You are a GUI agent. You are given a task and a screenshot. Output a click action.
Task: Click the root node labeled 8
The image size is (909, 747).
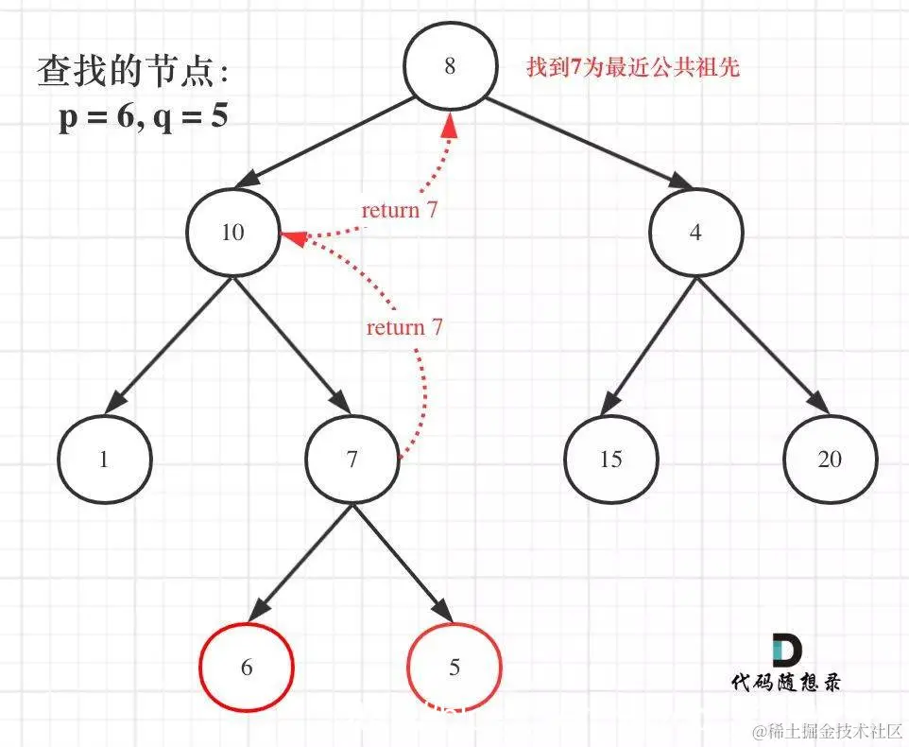point(450,67)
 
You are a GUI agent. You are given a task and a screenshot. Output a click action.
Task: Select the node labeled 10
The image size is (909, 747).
point(233,233)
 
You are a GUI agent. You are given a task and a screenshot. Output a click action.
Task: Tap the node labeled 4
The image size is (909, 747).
point(696,233)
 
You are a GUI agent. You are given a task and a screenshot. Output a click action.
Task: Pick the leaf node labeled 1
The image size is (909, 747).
point(104,460)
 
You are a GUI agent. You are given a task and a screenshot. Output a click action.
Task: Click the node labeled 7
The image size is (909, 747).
point(352,460)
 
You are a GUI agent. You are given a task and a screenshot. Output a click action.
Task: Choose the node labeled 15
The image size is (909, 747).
point(610,460)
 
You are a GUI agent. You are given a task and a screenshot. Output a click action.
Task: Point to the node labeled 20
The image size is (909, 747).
point(830,460)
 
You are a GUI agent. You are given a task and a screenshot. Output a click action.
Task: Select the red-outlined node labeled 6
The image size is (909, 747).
point(247,668)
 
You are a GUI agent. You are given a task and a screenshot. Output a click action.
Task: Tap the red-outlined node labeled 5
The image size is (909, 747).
point(454,668)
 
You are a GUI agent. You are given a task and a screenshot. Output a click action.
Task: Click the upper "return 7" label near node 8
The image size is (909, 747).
point(400,210)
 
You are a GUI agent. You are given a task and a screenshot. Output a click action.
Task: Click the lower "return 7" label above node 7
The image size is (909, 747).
point(404,328)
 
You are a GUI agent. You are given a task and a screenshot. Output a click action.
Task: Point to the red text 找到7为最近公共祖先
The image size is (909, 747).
point(632,69)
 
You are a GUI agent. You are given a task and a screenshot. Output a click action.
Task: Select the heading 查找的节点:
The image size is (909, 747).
point(132,73)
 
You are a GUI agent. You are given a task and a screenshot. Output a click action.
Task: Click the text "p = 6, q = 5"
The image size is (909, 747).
point(143,120)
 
